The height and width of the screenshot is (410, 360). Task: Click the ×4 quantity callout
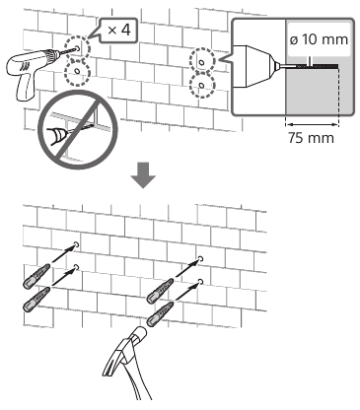point(119,31)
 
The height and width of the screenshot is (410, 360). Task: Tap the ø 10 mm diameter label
point(319,39)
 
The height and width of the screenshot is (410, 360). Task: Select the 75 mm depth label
point(311,138)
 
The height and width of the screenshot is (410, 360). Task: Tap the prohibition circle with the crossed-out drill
point(78,133)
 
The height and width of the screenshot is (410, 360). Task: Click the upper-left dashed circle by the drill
point(77,48)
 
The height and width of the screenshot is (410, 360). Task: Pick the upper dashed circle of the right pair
point(202,61)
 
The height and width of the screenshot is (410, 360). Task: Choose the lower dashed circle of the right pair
point(202,86)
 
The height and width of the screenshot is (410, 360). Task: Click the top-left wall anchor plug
point(36,276)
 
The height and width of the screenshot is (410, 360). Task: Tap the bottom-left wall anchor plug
point(36,300)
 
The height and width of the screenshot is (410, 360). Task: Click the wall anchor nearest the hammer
point(160,314)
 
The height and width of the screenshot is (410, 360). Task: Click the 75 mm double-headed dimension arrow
point(312,124)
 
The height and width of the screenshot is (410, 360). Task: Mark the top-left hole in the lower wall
point(77,244)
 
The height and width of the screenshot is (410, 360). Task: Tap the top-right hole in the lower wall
point(200,258)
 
